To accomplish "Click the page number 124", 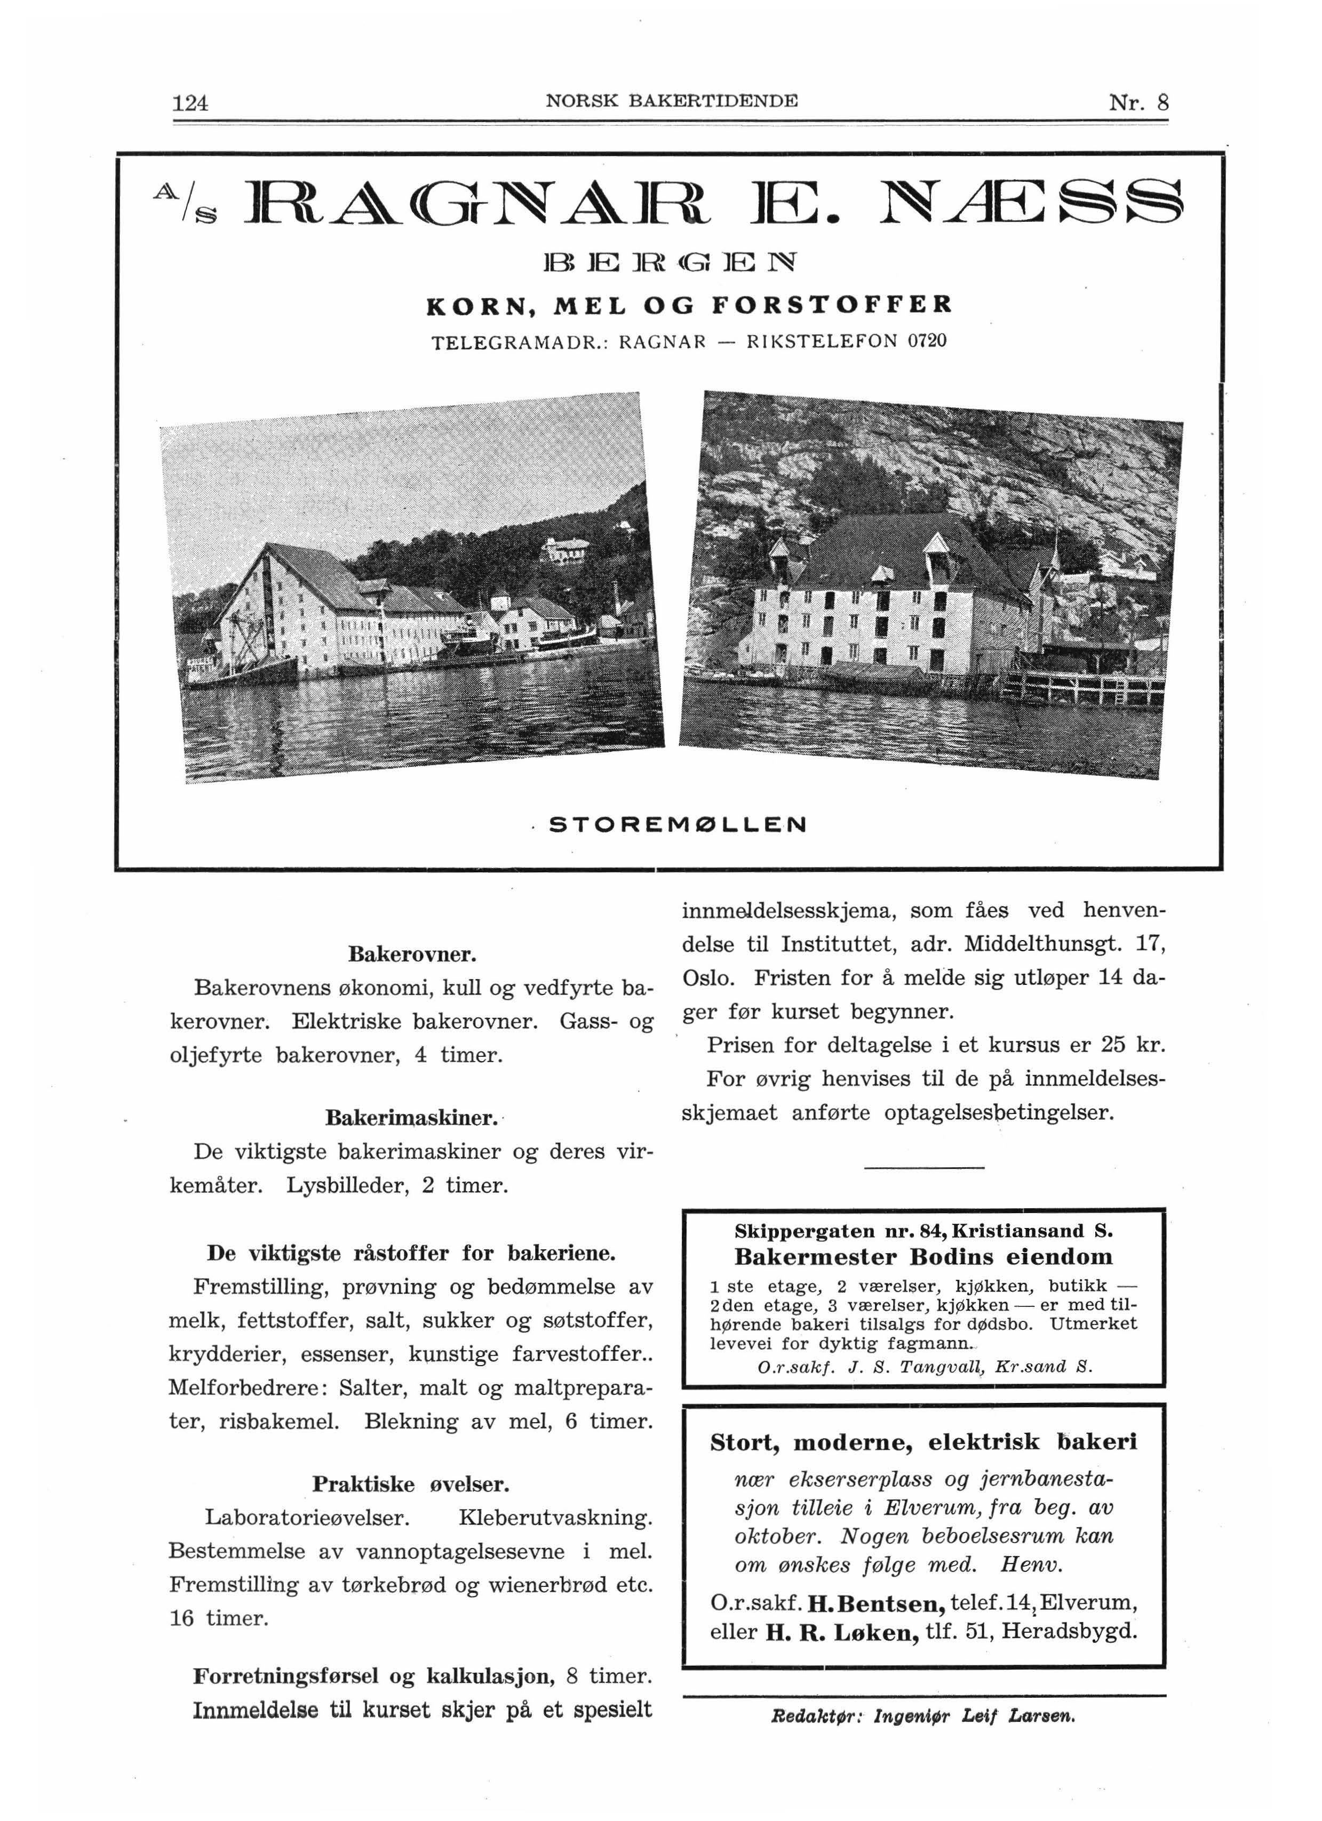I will (x=190, y=103).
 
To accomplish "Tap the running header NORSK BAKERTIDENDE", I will (x=672, y=101).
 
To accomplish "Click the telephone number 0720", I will (x=926, y=340).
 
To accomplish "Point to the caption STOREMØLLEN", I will (x=677, y=824).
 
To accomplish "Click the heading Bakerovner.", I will (x=412, y=954).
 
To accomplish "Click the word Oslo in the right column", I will (x=707, y=978).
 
